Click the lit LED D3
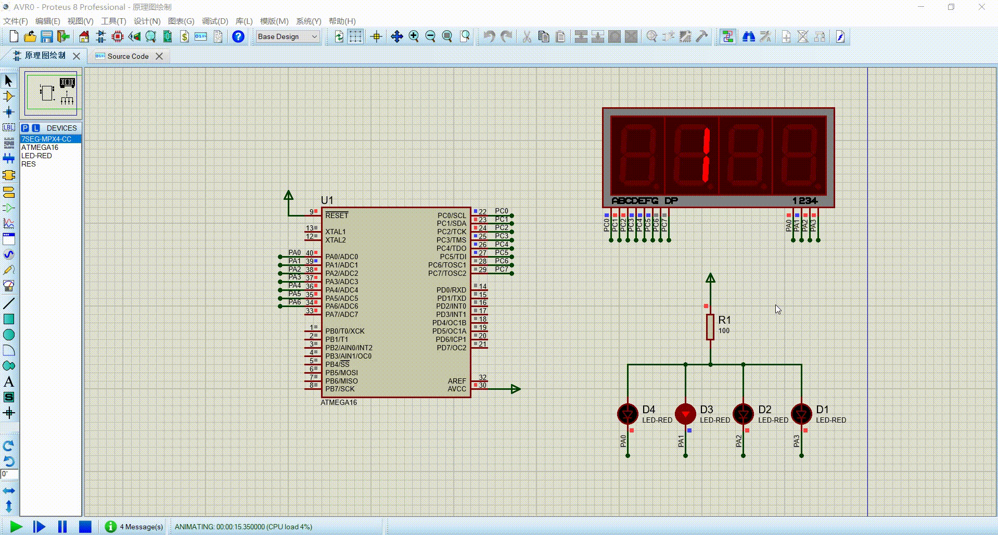click(685, 414)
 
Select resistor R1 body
click(710, 327)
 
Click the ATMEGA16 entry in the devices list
click(40, 147)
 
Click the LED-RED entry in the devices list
click(36, 156)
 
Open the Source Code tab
click(128, 56)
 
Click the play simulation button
click(16, 527)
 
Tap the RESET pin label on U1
click(337, 215)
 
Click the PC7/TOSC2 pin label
click(447, 273)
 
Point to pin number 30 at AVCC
click(483, 386)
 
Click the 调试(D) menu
click(215, 21)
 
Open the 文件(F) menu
click(16, 21)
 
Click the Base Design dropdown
click(287, 36)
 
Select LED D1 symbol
click(801, 414)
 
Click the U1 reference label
click(327, 200)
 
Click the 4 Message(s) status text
click(141, 527)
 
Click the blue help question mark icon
click(238, 36)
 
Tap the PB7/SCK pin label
click(340, 389)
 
